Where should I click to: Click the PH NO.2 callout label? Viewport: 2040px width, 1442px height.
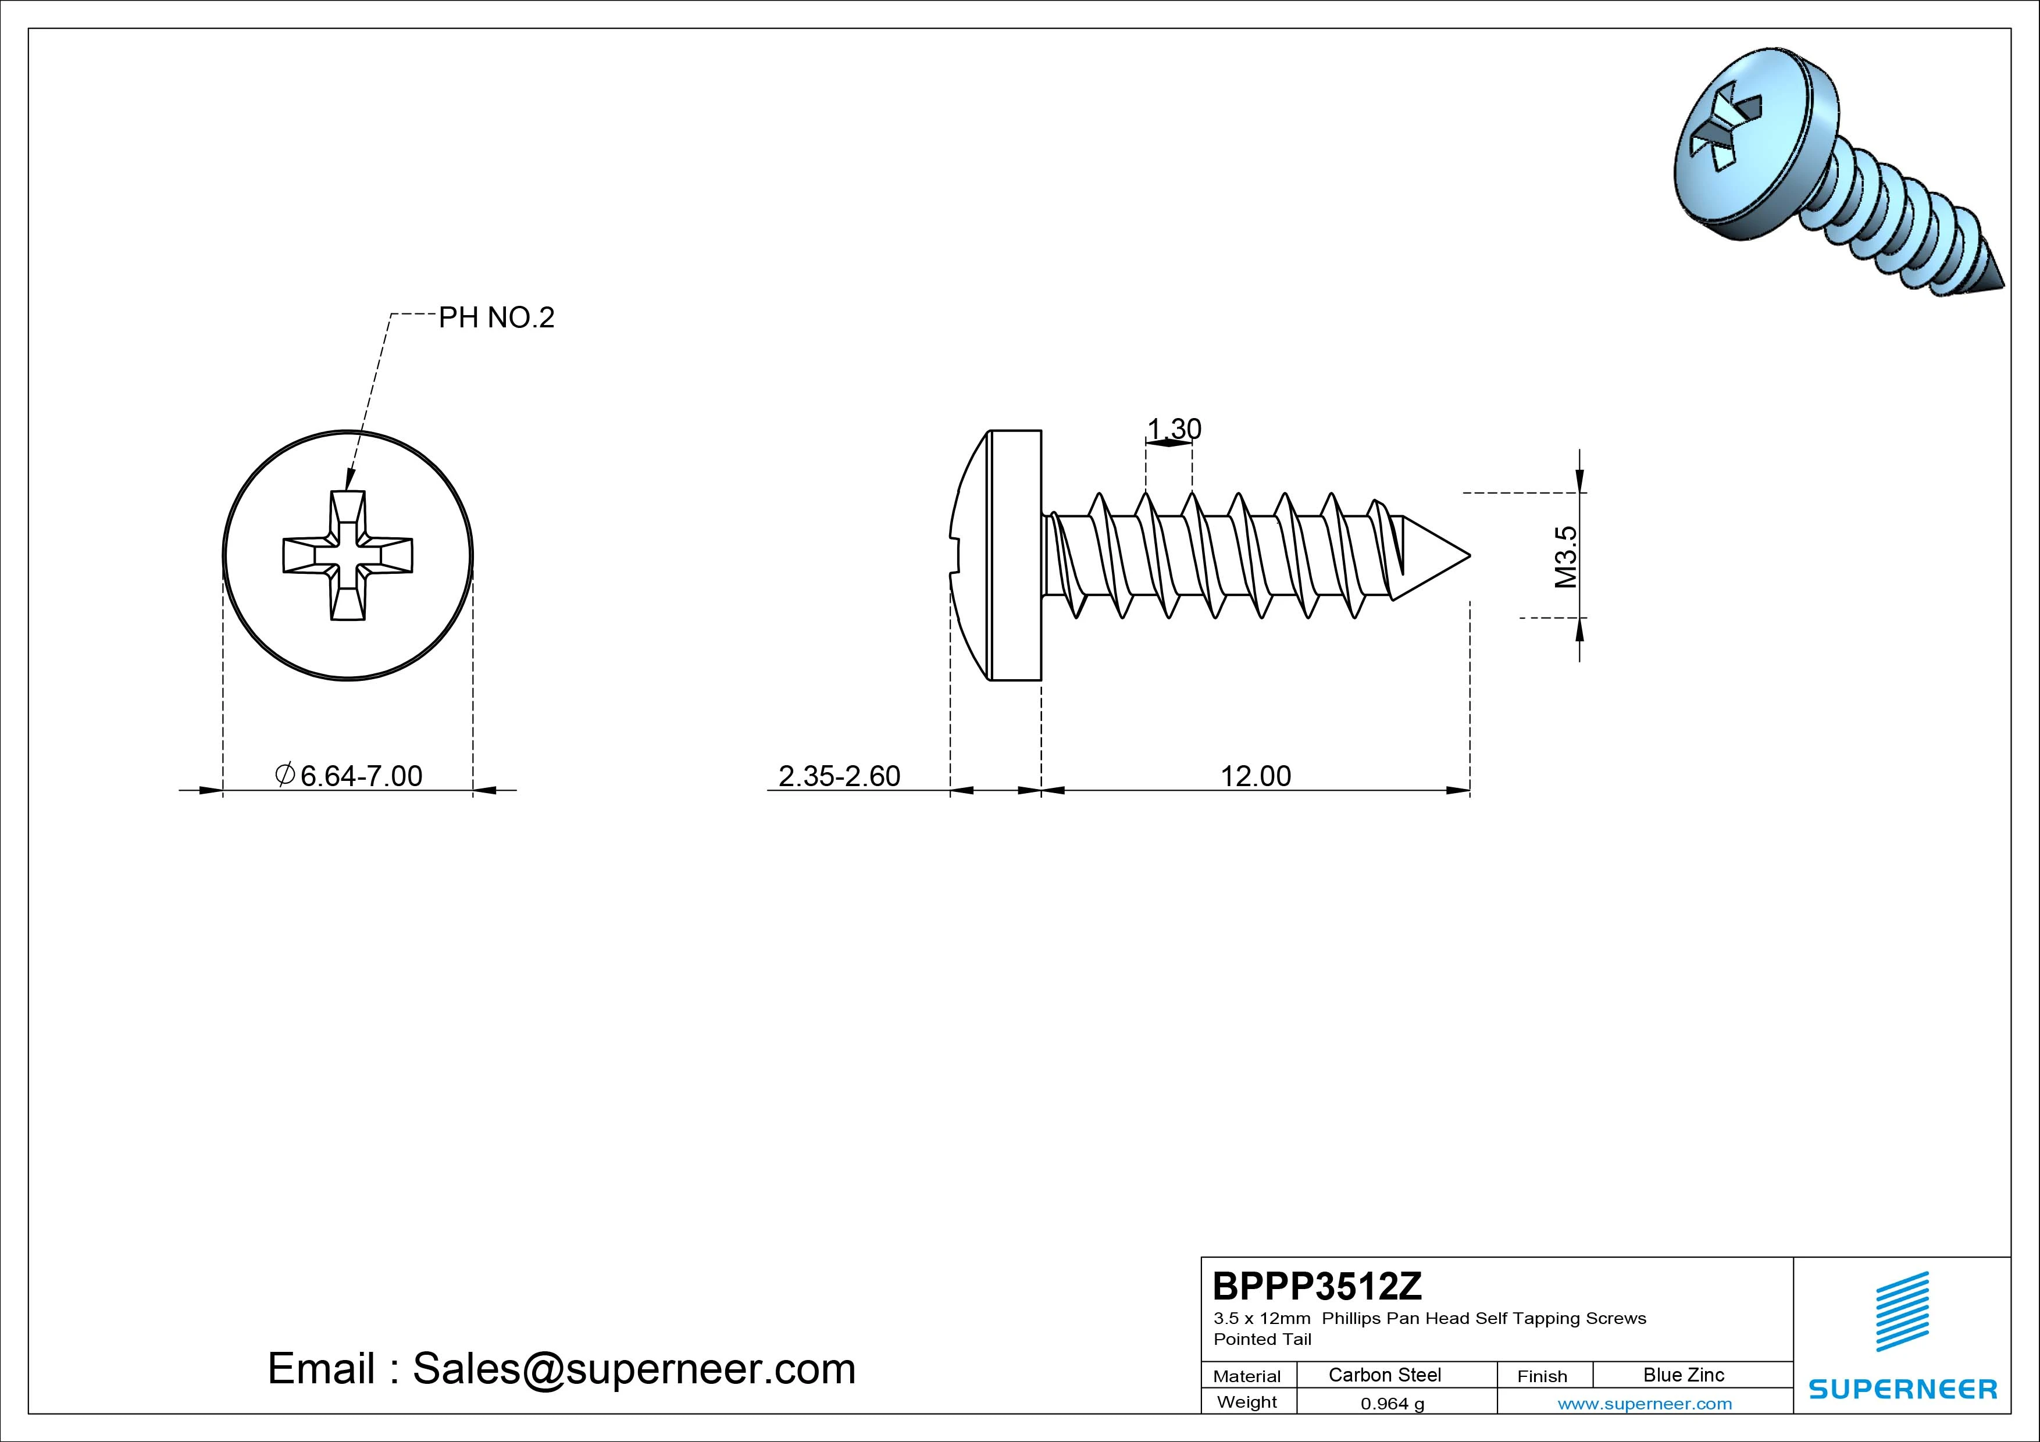click(497, 317)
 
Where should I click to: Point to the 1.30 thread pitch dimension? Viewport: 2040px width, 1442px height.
click(1174, 429)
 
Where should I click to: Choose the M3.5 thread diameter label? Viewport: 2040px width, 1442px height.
click(1565, 557)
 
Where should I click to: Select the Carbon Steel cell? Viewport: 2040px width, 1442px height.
click(1384, 1375)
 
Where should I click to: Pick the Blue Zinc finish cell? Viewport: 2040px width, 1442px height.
click(1684, 1375)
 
